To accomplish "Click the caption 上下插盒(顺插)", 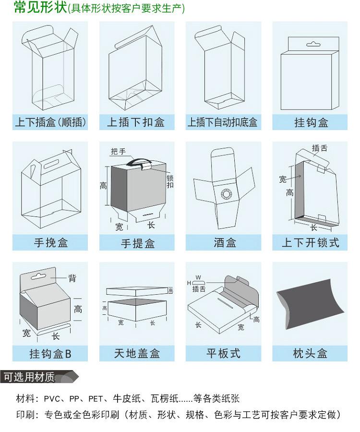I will (x=50, y=122).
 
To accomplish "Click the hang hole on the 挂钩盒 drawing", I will (x=312, y=45).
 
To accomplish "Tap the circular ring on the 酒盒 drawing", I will (x=225, y=194).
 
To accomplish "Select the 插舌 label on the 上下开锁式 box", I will (x=320, y=148).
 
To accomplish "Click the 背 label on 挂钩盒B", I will (x=72, y=278).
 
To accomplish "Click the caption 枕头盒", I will (x=310, y=354).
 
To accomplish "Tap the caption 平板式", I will (x=223, y=354).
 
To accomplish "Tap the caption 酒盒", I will (x=225, y=243).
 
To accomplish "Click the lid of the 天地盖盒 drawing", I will (x=137, y=290).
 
